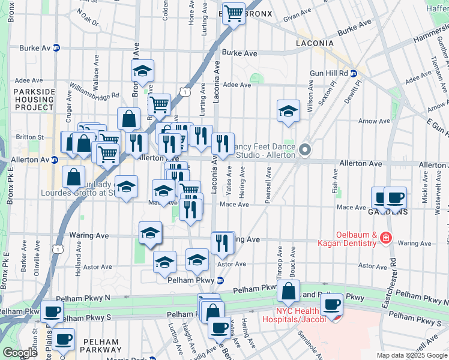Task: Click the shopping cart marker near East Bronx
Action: click(x=234, y=13)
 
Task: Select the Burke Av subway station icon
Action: click(x=56, y=47)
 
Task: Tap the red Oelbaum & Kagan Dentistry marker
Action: click(x=385, y=239)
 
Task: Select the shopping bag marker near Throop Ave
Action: click(x=289, y=292)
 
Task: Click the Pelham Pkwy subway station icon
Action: click(x=220, y=280)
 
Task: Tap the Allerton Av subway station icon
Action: click(x=55, y=160)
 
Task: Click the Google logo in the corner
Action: click(x=19, y=353)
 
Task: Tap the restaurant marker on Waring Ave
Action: click(x=223, y=242)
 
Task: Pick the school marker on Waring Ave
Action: click(x=150, y=233)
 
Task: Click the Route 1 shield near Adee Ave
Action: click(x=186, y=91)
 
